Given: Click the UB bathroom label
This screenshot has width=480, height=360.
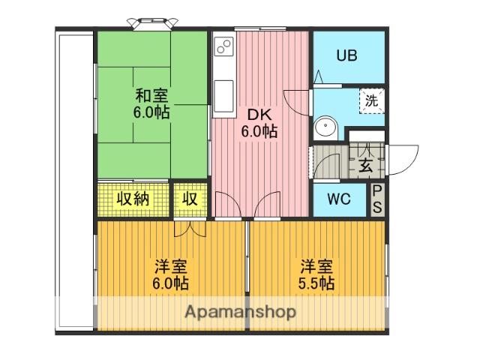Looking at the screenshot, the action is click(x=346, y=55).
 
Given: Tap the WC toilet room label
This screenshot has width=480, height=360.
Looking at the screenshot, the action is click(x=339, y=199).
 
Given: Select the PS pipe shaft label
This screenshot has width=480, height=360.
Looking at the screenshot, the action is click(x=377, y=199).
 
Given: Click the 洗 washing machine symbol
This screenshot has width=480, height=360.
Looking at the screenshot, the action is click(x=372, y=100).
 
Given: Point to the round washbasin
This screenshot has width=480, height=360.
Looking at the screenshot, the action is click(x=325, y=127).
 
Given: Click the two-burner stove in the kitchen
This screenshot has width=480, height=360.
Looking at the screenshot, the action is click(x=224, y=46).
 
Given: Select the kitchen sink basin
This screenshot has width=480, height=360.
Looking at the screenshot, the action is click(x=224, y=96).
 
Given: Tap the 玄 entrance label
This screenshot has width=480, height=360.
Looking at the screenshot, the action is click(x=366, y=166).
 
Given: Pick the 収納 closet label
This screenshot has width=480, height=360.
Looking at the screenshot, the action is click(x=133, y=199).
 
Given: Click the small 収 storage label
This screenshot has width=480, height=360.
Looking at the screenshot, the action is click(x=190, y=199).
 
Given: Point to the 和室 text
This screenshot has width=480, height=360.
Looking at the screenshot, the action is click(x=151, y=95).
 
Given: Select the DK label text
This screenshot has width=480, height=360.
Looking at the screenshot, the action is click(x=259, y=115).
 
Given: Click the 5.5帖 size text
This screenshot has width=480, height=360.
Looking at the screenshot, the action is click(x=316, y=283).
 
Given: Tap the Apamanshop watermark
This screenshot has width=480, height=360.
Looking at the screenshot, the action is click(x=241, y=312).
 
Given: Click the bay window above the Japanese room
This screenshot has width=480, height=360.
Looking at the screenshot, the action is click(x=152, y=24).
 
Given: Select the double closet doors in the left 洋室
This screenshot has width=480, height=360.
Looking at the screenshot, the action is click(x=190, y=229).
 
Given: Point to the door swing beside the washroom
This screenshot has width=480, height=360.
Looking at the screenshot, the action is click(x=295, y=102).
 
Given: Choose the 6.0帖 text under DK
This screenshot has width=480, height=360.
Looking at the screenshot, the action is click(x=259, y=132).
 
